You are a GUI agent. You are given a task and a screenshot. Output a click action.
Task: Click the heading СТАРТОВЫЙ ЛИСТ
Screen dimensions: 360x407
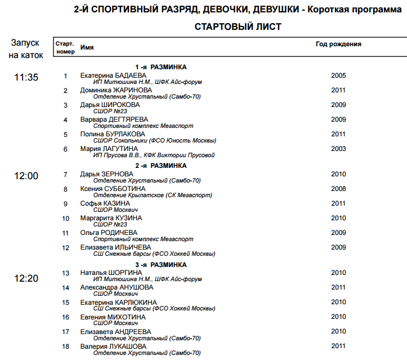(238, 26)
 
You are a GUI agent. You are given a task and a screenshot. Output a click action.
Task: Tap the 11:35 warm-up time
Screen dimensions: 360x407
(26, 77)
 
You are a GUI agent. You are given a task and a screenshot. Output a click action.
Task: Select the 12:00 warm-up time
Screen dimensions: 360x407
(26, 176)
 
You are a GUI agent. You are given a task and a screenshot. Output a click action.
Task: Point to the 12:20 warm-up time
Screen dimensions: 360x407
(26, 278)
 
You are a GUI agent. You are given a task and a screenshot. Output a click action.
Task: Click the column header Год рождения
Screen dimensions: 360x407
(338, 44)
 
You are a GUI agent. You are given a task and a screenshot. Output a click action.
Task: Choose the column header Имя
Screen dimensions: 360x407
(87, 48)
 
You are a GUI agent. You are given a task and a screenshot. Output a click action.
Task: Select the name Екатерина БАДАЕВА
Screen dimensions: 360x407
(113, 75)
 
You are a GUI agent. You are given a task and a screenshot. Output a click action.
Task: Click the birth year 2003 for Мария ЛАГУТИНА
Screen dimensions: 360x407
(338, 149)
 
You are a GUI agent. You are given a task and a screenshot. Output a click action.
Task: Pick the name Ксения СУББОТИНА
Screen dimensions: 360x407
(113, 189)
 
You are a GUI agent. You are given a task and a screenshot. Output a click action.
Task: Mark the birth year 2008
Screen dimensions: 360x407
(338, 189)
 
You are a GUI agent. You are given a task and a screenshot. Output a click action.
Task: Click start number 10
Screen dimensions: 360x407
(65, 219)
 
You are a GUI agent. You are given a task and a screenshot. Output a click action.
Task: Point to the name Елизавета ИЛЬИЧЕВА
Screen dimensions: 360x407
(115, 247)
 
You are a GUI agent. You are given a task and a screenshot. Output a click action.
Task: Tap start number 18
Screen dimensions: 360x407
(65, 346)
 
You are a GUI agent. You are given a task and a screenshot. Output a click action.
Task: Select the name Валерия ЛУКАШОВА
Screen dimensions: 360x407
(113, 346)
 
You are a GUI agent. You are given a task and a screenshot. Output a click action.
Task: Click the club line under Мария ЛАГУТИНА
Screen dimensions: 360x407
(154, 155)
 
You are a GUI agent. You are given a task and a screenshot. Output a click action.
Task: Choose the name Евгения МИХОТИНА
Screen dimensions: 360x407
(113, 317)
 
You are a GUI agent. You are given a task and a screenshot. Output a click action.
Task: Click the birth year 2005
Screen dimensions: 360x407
(338, 75)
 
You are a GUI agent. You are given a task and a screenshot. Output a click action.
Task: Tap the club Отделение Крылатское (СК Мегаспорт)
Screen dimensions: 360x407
(153, 195)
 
